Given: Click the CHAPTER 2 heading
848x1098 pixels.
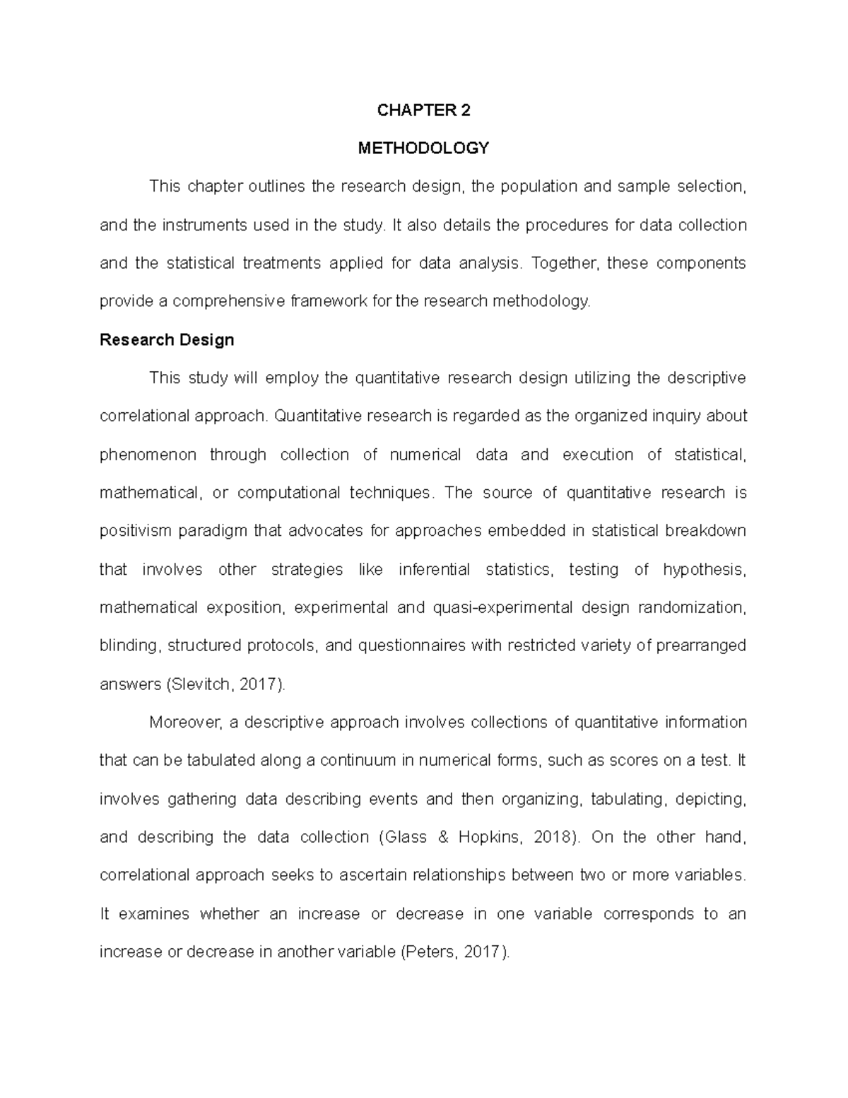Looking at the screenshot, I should pyautogui.click(x=423, y=110).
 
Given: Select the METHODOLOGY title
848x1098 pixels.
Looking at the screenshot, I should pyautogui.click(x=423, y=148).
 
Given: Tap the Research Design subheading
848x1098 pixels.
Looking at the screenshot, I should pyautogui.click(x=167, y=340).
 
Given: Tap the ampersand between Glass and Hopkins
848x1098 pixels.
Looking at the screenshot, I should pyautogui.click(x=443, y=837).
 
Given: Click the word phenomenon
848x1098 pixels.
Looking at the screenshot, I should pyautogui.click(x=148, y=455).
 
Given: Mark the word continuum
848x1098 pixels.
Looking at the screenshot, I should pyautogui.click(x=358, y=761).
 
